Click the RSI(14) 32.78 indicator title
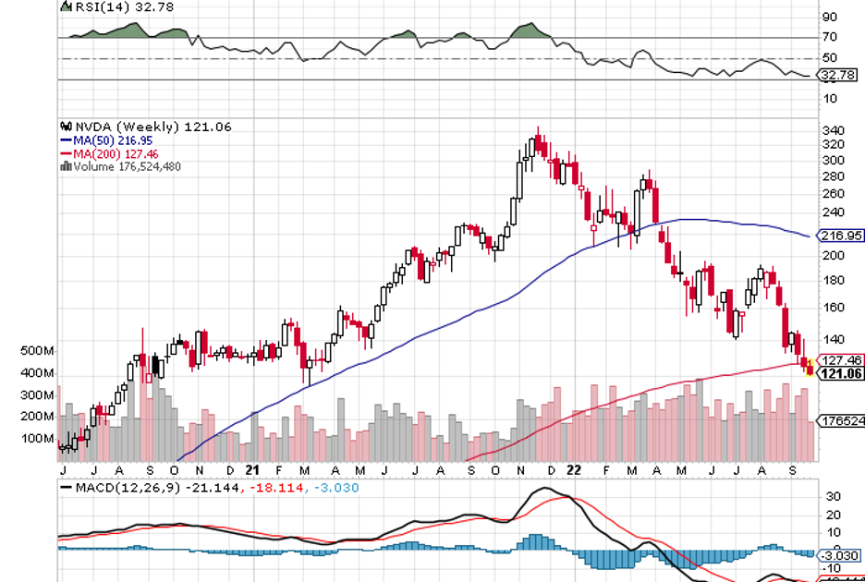[x=110, y=6]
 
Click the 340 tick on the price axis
[x=835, y=130]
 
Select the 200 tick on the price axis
[x=835, y=255]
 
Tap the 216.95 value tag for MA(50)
[x=840, y=236]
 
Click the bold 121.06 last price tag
[x=840, y=373]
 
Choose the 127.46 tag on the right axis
[x=840, y=360]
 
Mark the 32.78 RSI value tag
[x=838, y=75]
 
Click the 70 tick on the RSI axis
[x=830, y=37]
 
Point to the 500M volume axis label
[x=36, y=351]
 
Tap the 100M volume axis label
[x=36, y=438]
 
